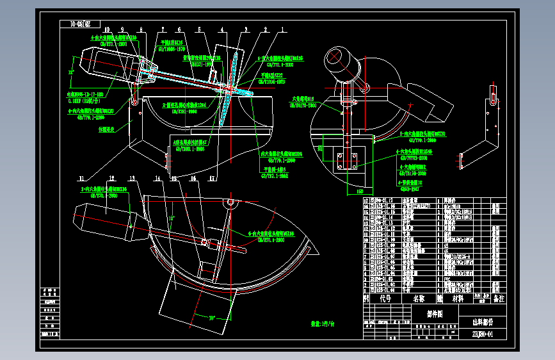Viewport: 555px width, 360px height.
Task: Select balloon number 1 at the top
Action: click(282, 29)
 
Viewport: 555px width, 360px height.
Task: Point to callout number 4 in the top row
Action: click(221, 29)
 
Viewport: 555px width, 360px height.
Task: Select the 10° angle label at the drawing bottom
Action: click(211, 316)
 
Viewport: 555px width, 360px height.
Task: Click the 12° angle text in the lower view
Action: click(171, 218)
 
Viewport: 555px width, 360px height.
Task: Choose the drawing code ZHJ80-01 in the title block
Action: click(482, 334)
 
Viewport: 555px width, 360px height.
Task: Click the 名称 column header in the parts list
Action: click(419, 298)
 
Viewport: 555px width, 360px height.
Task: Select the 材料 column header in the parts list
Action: click(458, 298)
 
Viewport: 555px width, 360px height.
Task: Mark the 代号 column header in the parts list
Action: click(385, 298)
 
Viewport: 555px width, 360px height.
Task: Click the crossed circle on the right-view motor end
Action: click(336, 56)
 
